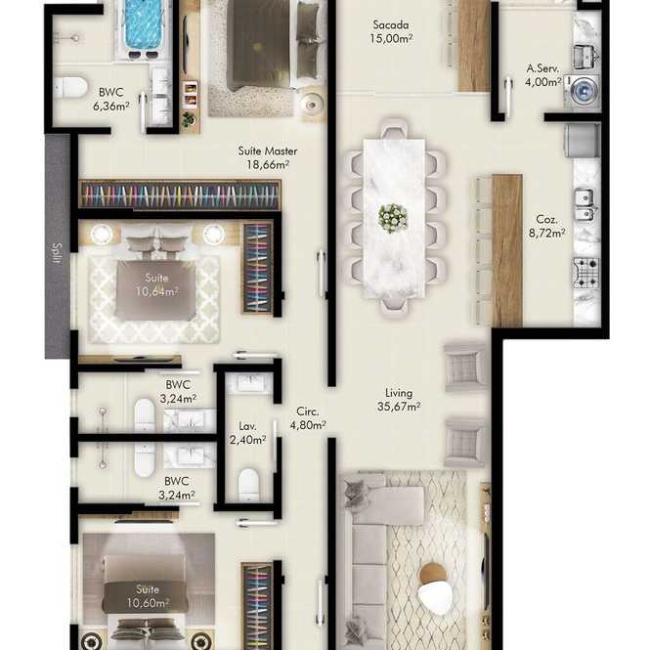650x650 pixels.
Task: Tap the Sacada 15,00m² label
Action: [391, 31]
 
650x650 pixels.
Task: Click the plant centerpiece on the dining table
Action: [393, 218]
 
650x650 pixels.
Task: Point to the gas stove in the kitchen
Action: [586, 273]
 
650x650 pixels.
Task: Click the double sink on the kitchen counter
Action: [585, 205]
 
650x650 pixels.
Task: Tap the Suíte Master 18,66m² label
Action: [268, 157]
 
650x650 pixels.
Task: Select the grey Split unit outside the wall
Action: [58, 246]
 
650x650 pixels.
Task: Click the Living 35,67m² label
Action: [399, 400]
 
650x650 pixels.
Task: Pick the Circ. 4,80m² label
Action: [307, 418]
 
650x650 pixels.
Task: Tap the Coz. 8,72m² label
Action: [546, 226]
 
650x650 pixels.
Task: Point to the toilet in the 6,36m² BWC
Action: [70, 87]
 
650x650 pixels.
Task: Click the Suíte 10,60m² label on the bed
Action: [148, 595]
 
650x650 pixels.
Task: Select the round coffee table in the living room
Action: [433, 587]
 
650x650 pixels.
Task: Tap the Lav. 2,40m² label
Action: [247, 433]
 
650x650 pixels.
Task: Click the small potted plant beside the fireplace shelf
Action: [189, 119]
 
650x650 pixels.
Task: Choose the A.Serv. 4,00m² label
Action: [543, 75]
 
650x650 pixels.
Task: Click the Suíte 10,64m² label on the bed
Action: [156, 284]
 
